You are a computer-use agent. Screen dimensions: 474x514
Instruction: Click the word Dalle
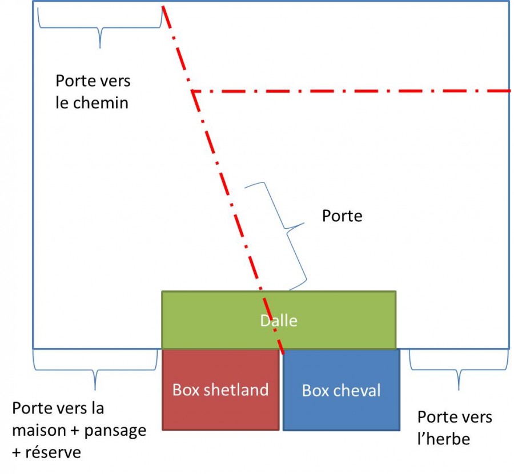(x=279, y=321)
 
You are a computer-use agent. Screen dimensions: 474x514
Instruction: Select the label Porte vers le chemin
(x=93, y=92)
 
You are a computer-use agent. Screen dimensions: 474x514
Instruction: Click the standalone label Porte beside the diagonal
(x=342, y=216)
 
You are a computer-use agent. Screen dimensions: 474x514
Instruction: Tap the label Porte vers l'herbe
(x=455, y=428)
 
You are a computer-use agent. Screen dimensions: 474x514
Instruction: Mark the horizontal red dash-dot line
(x=354, y=91)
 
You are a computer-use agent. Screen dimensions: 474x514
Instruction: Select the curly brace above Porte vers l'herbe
(x=458, y=371)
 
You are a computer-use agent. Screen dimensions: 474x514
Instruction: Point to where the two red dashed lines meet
(x=193, y=91)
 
